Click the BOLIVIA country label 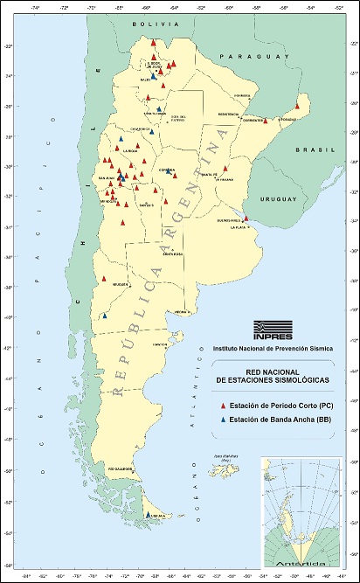pyautogui.click(x=149, y=27)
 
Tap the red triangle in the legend pyautogui.click(x=224, y=407)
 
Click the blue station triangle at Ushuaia pyautogui.click(x=148, y=515)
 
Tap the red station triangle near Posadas pyautogui.click(x=297, y=107)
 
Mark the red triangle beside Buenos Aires pyautogui.click(x=246, y=219)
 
